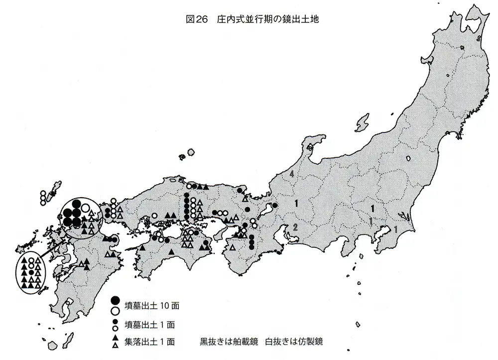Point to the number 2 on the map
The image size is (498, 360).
(x=295, y=227)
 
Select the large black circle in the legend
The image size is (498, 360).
(x=116, y=300)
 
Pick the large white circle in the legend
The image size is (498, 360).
(x=116, y=311)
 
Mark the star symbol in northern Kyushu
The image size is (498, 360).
(x=63, y=240)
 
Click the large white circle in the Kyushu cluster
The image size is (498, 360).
(x=86, y=208)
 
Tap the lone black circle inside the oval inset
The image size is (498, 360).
(x=31, y=273)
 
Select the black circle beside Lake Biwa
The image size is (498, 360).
(x=274, y=205)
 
